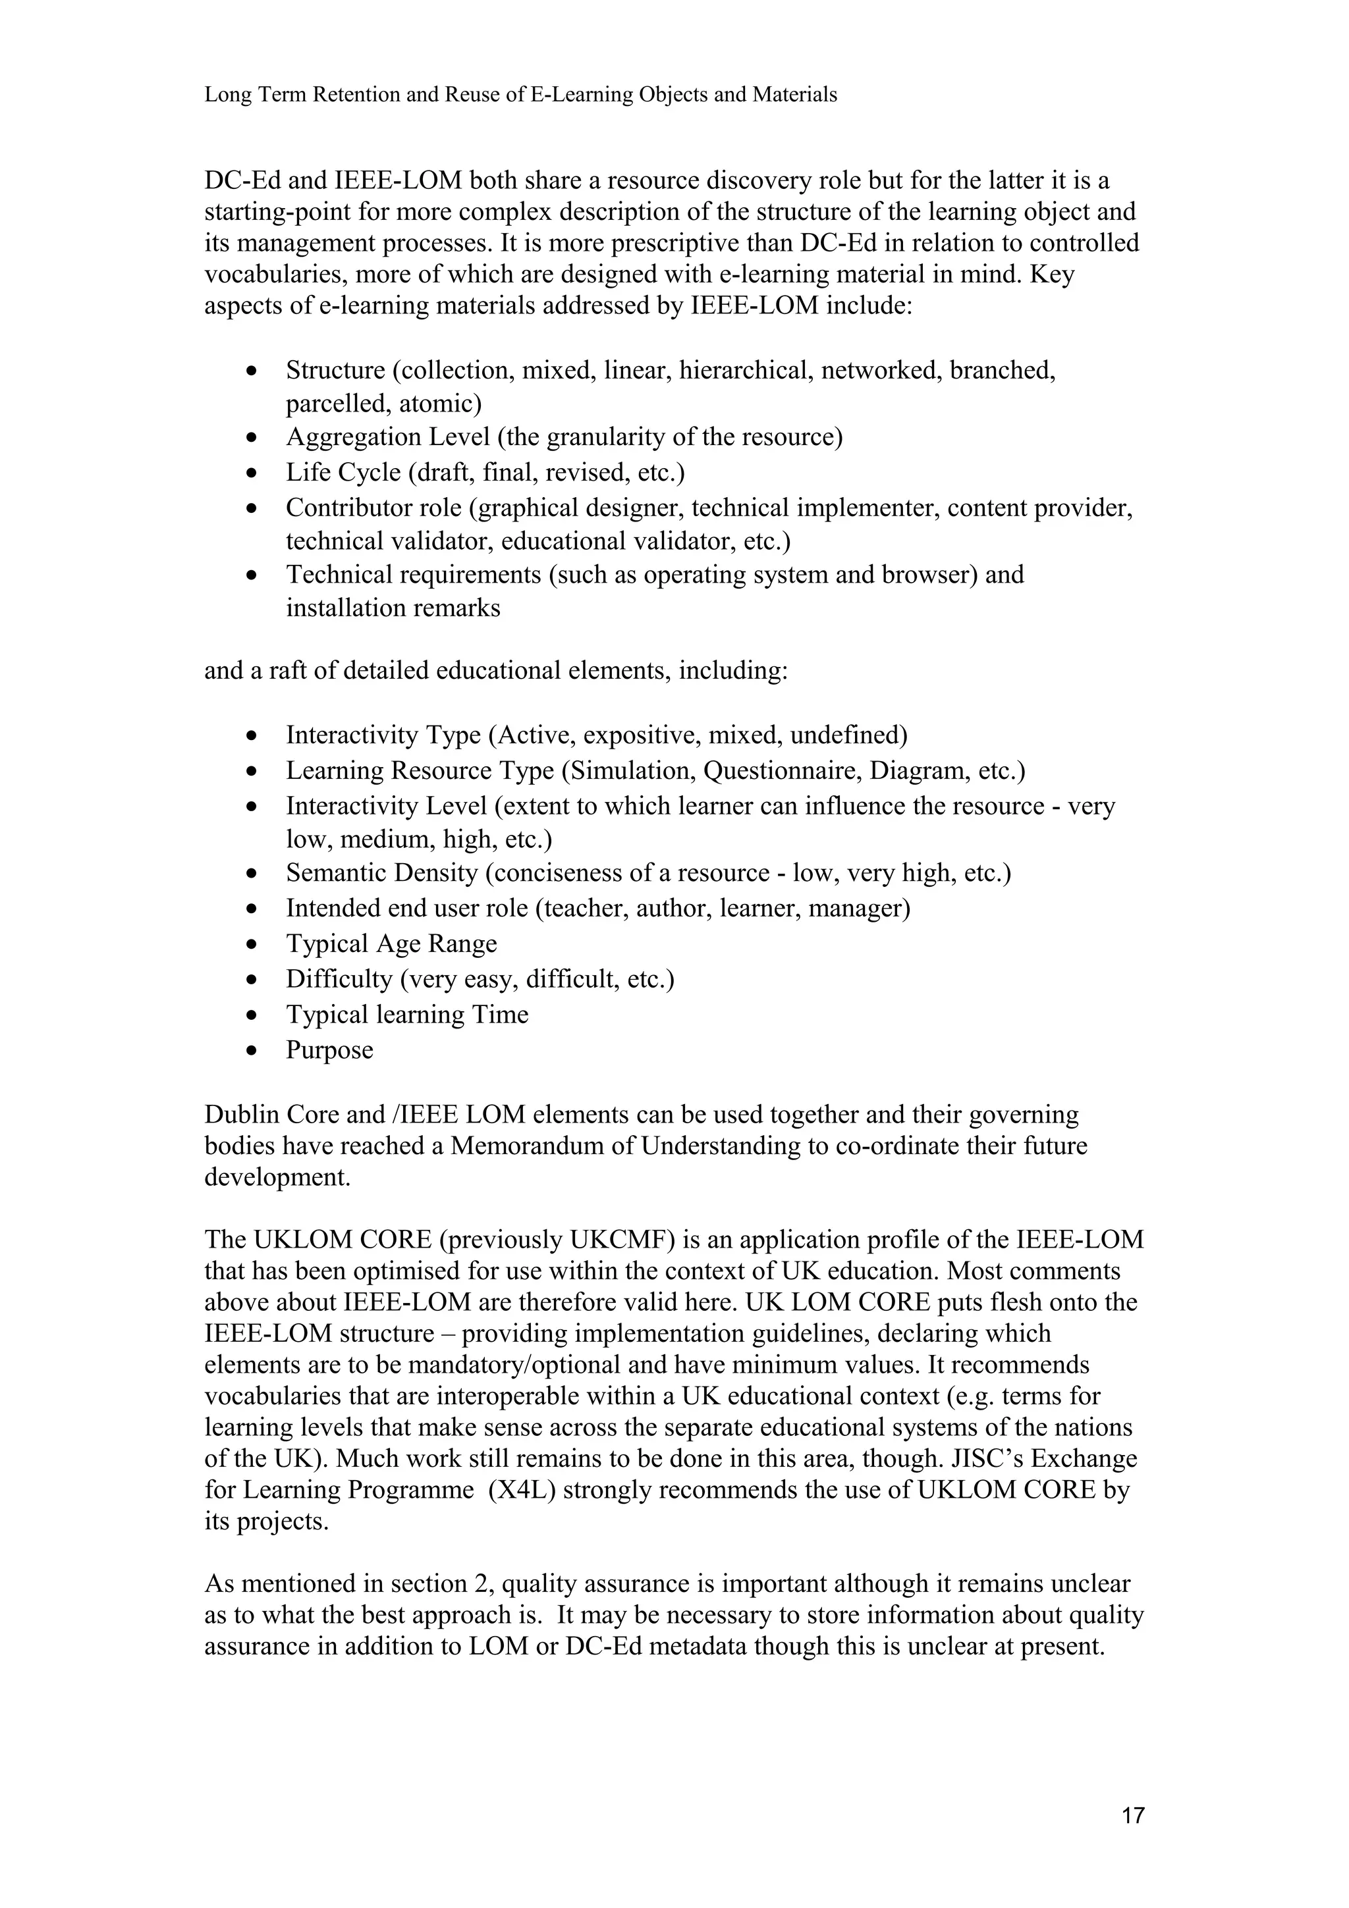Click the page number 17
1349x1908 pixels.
[1133, 1816]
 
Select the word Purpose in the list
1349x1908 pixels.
[329, 1050]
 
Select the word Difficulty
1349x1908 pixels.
[339, 979]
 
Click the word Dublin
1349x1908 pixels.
[244, 1115]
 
